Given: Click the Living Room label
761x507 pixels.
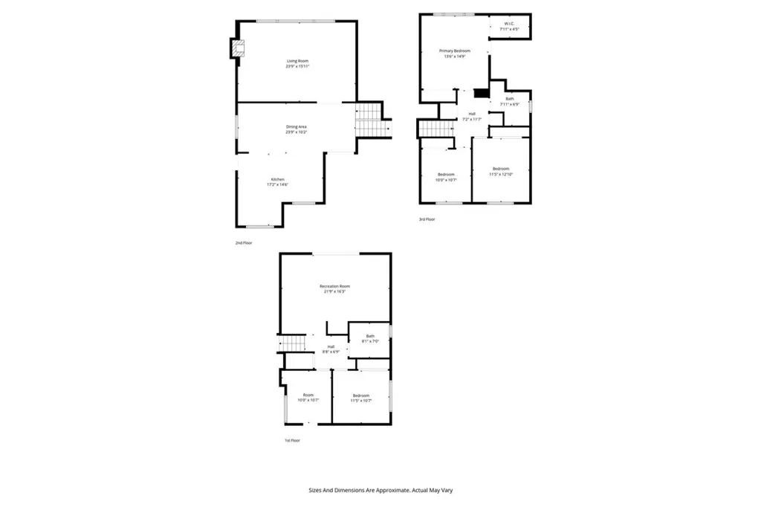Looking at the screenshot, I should pos(297,63).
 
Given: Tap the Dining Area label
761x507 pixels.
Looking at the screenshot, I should pos(297,129).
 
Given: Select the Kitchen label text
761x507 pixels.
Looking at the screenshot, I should pos(278,181).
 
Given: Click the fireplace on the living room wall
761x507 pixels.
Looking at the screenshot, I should pos(236,48).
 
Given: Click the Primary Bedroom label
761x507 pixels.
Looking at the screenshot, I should pos(454,53).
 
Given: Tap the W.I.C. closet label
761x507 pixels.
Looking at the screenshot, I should pos(509,26).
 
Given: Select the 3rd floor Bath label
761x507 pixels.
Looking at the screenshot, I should pos(510,101).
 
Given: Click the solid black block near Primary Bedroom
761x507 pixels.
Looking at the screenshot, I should pos(482,93).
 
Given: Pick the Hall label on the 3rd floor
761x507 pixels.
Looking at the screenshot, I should pos(471,116).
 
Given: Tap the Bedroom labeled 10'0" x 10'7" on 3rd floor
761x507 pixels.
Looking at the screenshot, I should pos(446,177).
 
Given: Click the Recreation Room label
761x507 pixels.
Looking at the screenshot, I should pos(334,288).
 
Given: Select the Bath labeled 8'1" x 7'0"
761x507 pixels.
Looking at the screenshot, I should pos(369,338).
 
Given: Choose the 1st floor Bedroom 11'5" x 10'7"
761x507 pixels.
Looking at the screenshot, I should pos(360,398).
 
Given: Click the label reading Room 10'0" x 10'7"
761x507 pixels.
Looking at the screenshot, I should pos(308,398).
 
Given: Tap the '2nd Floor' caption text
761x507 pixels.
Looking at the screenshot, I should pos(244,243).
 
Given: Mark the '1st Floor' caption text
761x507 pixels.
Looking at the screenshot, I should pos(292,440).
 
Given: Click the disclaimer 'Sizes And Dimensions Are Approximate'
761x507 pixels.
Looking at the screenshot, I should pos(380,490).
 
